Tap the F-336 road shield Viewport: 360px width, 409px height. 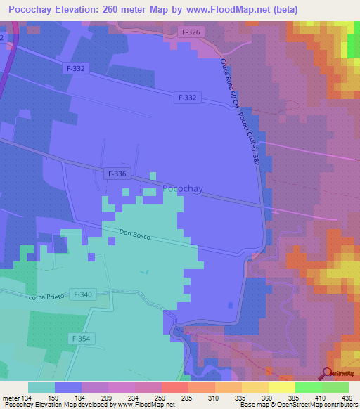(x=117, y=173)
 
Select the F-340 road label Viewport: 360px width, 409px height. (x=82, y=294)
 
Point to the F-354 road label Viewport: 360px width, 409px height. (x=79, y=338)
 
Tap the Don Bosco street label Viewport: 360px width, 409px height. (x=136, y=234)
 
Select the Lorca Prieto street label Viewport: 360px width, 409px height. (x=46, y=297)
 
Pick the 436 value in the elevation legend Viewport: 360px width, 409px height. (x=347, y=397)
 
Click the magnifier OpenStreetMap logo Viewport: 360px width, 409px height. (x=328, y=373)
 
